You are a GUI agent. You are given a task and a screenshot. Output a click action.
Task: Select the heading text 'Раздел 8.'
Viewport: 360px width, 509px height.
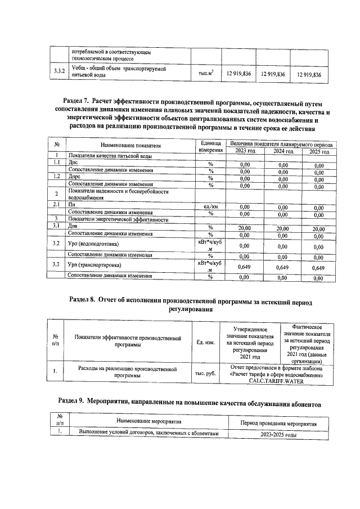coord(82,301)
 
